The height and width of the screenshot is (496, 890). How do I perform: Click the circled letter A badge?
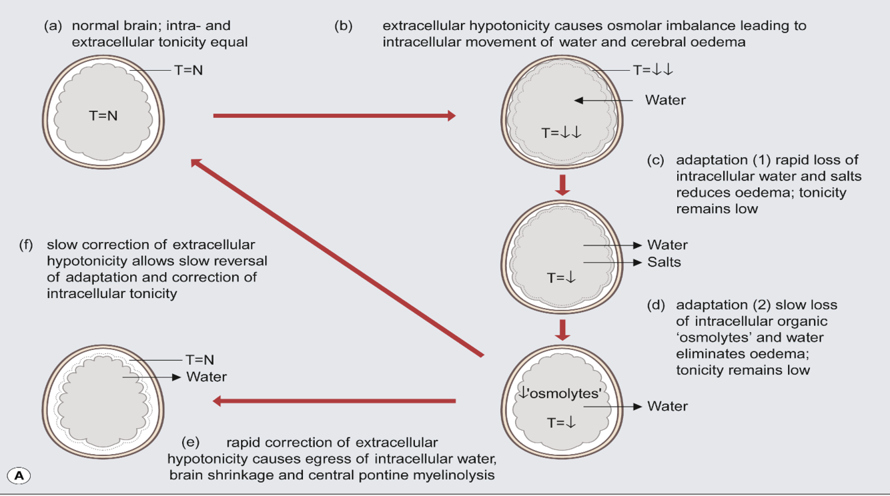[x=19, y=475]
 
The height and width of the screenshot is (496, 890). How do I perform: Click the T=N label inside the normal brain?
[x=103, y=115]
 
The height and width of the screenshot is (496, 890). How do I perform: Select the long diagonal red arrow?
[x=336, y=257]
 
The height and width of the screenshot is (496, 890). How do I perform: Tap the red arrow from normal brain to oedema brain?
[x=334, y=116]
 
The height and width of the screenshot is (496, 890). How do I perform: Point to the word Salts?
[x=664, y=262]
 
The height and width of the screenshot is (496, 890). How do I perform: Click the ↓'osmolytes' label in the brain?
[x=560, y=393]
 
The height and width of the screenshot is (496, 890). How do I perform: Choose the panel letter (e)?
[x=190, y=443]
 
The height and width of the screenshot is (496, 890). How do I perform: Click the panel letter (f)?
[x=27, y=245]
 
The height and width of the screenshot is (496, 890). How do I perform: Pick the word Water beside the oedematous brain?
[x=665, y=100]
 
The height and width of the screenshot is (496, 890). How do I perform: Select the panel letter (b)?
[x=343, y=27]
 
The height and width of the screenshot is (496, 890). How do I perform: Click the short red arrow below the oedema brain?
[x=562, y=185]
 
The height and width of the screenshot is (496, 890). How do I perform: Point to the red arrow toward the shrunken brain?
[x=334, y=401]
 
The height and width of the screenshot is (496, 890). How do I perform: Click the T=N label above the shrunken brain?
[x=199, y=361]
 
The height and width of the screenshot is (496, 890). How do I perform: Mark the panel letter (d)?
[x=656, y=305]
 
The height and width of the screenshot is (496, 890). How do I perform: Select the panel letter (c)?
[x=656, y=161]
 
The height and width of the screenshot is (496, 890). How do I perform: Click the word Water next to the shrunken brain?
[x=206, y=377]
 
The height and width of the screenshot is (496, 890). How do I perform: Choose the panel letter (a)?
[x=53, y=27]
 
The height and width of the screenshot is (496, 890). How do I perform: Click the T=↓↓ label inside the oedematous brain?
[x=562, y=133]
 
